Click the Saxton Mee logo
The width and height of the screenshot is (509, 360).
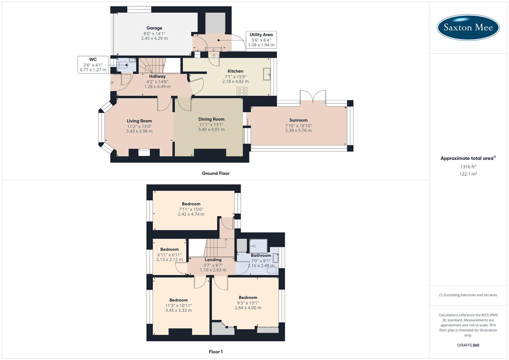click(x=468, y=27)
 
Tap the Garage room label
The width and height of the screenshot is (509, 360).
click(x=154, y=28)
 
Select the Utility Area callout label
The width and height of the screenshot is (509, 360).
click(x=261, y=35)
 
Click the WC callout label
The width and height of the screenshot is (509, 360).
click(x=93, y=60)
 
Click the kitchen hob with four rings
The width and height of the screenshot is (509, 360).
click(x=242, y=91)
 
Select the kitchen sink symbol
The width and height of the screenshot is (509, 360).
click(x=267, y=74)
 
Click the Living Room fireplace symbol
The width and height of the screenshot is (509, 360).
click(x=144, y=152)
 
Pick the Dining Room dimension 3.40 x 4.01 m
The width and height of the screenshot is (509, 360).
click(x=211, y=130)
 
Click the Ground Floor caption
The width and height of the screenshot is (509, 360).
click(x=216, y=173)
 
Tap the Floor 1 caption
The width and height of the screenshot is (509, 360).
click(x=216, y=352)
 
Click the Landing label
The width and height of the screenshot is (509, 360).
click(x=213, y=260)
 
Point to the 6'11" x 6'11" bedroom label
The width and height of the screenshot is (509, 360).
click(x=169, y=255)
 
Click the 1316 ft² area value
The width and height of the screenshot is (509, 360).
click(x=468, y=167)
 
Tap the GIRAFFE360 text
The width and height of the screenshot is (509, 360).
click(x=468, y=345)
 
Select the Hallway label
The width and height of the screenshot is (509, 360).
click(x=157, y=77)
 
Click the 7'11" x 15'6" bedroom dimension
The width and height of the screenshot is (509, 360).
click(x=191, y=209)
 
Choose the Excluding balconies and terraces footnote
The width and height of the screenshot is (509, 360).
click(x=468, y=295)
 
